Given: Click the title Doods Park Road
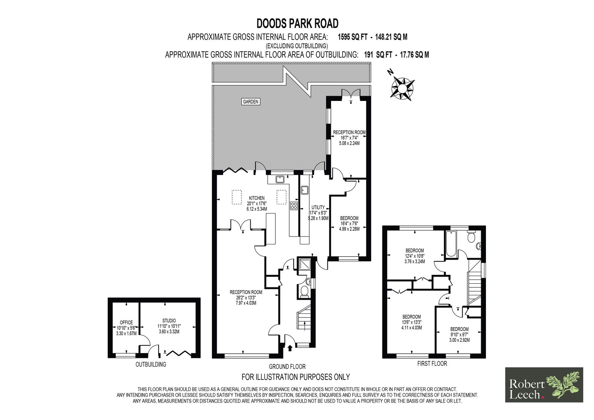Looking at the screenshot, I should point(297,23).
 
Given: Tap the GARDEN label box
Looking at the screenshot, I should point(251,101).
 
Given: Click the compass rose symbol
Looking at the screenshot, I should point(402,88).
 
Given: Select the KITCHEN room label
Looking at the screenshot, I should point(257,198).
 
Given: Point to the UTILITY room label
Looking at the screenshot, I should point(318,207).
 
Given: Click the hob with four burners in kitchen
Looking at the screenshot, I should point(294,206).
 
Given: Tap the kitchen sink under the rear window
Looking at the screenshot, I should point(280,180).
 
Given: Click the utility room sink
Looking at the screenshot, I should point(305,191).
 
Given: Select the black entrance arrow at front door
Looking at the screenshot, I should point(290,348).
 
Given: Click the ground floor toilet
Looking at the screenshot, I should point(304,291).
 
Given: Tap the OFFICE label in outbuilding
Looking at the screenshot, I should point(126,322).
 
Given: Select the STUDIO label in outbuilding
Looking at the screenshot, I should point(169,320).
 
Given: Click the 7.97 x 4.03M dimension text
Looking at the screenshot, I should point(246,303).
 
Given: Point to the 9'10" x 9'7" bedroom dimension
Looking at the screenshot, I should point(459,334).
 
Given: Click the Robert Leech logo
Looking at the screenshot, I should point(544,385).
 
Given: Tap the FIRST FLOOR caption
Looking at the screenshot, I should point(432,364).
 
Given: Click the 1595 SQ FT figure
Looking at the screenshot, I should point(352,37).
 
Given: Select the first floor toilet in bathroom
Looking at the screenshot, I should point(471,237).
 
